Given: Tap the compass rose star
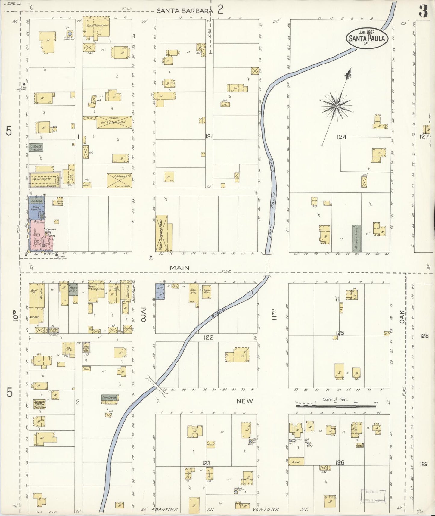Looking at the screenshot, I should [337, 106].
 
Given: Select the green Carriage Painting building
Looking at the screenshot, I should [357, 238].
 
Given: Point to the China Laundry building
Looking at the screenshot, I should [110, 398].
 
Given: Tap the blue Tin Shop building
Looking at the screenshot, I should [37, 201].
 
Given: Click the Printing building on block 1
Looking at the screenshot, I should [36, 147].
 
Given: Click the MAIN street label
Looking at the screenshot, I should [179, 268].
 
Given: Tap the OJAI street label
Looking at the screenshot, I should [144, 314].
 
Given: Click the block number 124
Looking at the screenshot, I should [342, 137].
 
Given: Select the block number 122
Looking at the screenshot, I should [208, 337].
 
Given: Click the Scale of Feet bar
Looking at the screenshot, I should [336, 406].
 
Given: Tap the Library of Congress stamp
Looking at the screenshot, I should [373, 496].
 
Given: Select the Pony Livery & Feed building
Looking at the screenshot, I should [162, 233].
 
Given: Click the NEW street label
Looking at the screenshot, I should [245, 401].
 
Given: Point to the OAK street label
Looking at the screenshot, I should [402, 317].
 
